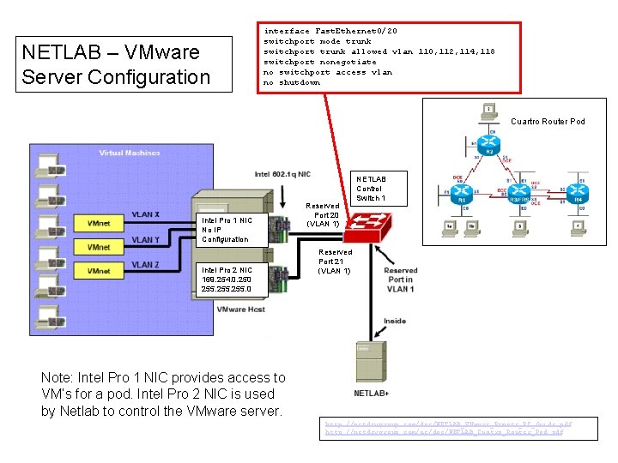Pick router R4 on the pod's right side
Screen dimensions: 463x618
(x=577, y=194)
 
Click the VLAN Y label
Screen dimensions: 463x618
(x=145, y=240)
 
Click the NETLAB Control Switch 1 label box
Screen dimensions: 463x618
(x=371, y=188)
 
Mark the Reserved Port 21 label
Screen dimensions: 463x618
(x=335, y=262)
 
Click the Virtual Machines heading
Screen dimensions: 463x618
(x=129, y=153)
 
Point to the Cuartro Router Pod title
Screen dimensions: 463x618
(x=548, y=122)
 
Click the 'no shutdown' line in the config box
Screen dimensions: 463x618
(x=292, y=83)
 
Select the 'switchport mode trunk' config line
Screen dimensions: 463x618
(x=317, y=41)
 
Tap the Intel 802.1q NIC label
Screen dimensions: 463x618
(x=282, y=174)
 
